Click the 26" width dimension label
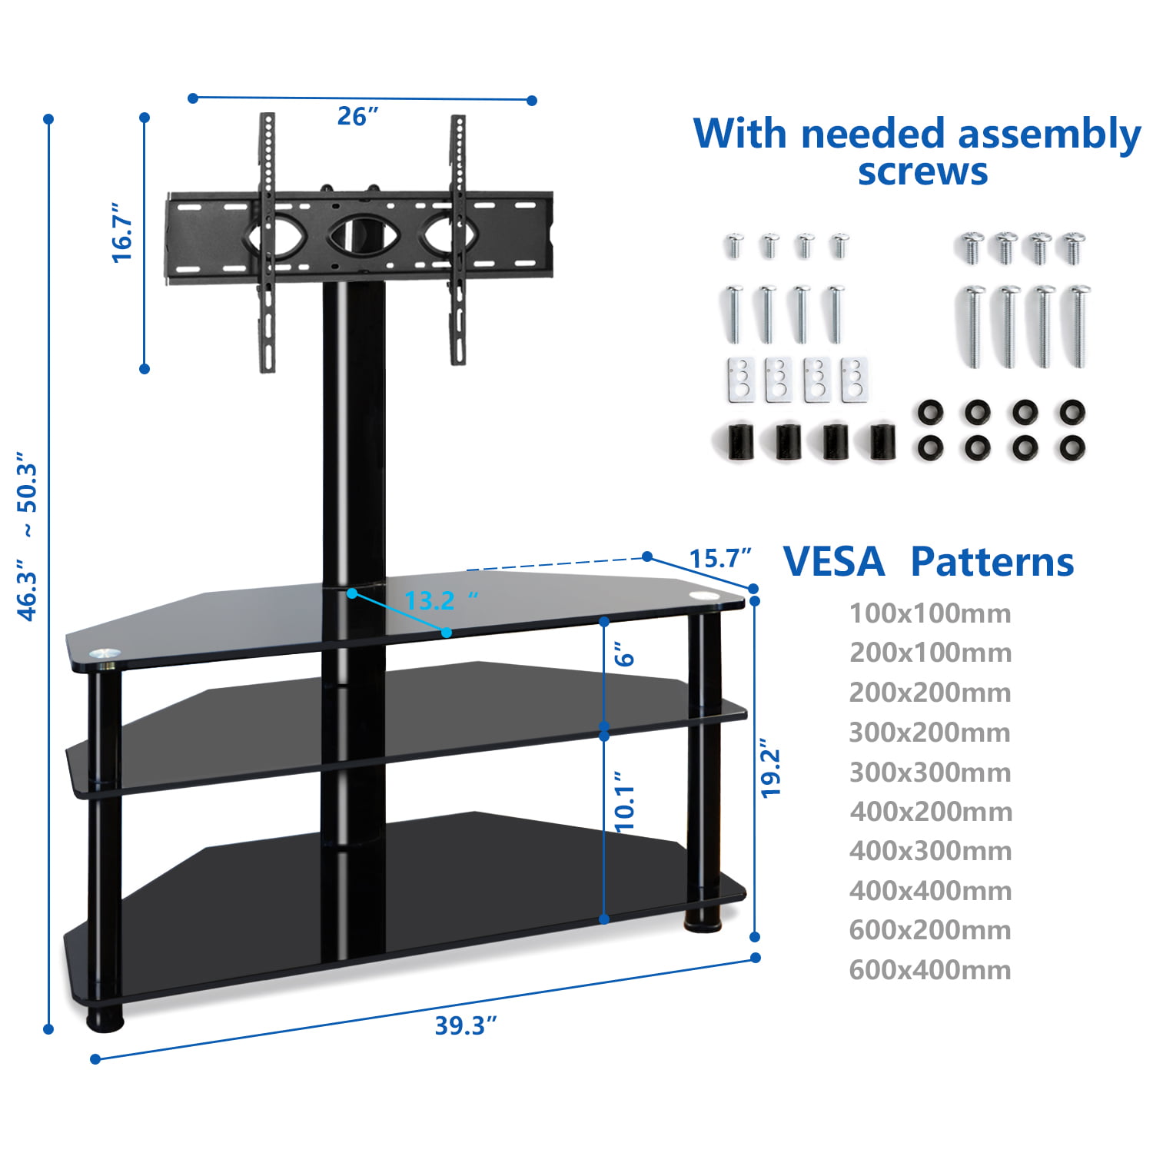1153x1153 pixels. (357, 117)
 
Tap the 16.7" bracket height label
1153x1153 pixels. (123, 233)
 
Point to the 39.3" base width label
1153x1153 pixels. (466, 1025)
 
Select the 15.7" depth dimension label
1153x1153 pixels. (719, 559)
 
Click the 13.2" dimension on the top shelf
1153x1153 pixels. (440, 600)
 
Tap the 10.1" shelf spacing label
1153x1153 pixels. (625, 802)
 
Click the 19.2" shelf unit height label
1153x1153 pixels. (770, 769)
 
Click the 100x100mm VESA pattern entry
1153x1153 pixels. (930, 613)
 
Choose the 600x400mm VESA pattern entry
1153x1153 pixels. (930, 970)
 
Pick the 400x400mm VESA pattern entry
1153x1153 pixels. (930, 891)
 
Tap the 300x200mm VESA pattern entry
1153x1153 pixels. (930, 733)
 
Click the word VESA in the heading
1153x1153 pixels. (834, 562)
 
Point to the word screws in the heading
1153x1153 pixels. (922, 172)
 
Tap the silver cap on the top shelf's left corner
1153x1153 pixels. (101, 654)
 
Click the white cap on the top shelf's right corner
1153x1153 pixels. (703, 595)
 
